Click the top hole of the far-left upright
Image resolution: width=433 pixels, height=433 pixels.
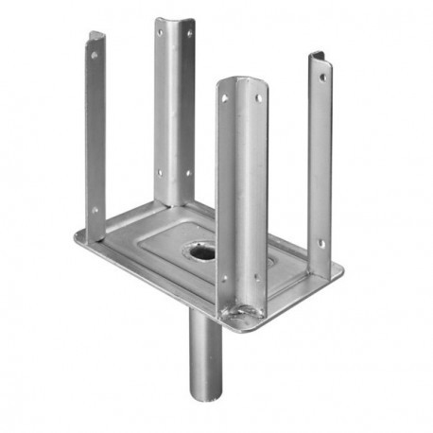pos(94,55)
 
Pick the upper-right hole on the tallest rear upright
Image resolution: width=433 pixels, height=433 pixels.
pos(188,35)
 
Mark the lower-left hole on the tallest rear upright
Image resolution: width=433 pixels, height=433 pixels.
pos(160,174)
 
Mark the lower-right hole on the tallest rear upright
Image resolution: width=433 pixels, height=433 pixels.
pos(186,173)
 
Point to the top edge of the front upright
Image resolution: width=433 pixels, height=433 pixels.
pos(242,79)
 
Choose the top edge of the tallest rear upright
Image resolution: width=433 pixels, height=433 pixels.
pos(175,20)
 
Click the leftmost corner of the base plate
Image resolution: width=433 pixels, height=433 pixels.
pos(76,235)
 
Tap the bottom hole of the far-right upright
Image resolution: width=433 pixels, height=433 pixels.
pos(320,243)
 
